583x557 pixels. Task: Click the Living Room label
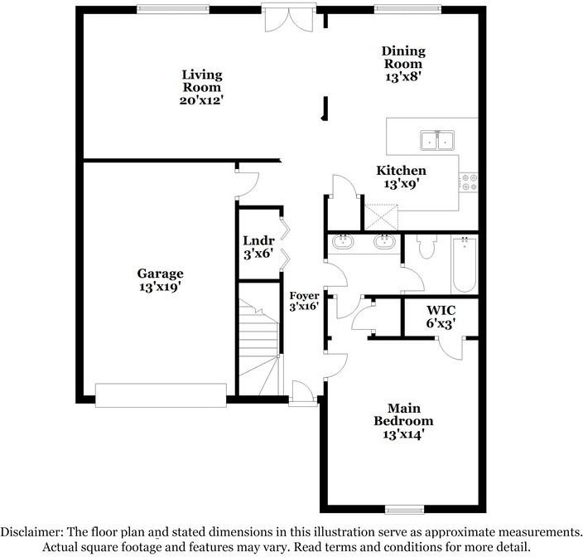(x=202, y=87)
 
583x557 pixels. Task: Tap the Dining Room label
(x=402, y=64)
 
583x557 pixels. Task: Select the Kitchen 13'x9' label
(x=402, y=177)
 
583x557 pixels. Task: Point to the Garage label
(x=160, y=280)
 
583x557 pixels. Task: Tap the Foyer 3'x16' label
(x=304, y=302)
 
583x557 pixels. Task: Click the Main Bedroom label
(x=404, y=420)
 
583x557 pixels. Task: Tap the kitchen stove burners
(x=470, y=182)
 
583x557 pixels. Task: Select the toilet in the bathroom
(x=427, y=245)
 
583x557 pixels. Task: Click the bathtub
(x=465, y=263)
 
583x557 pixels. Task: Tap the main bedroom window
(x=403, y=508)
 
